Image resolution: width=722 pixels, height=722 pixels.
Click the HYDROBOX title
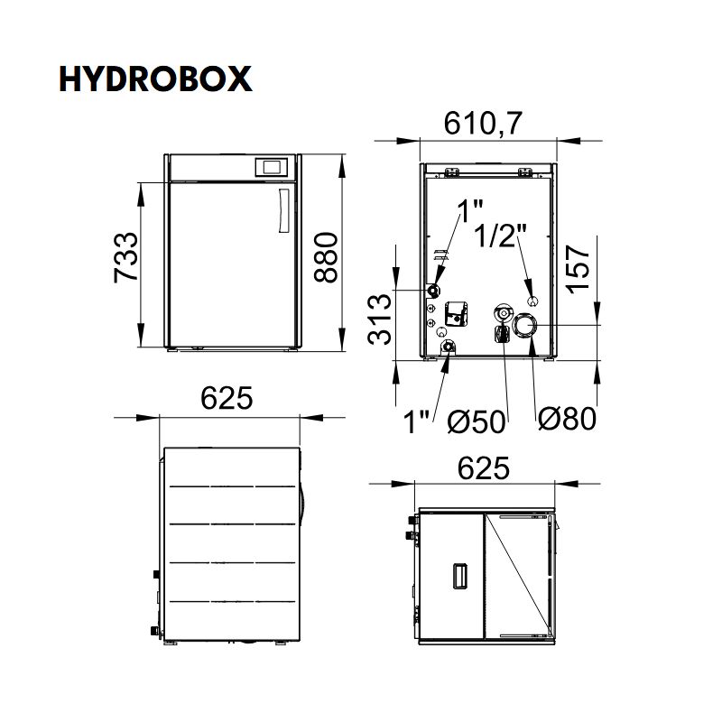155,79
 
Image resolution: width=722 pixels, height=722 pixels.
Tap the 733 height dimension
125,258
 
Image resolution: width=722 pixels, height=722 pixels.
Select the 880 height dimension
326,257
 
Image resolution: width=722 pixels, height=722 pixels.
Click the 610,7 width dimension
483,123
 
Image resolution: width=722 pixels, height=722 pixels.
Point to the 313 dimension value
380,319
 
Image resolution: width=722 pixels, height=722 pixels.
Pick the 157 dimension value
578,269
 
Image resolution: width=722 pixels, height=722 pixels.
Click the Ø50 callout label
477,421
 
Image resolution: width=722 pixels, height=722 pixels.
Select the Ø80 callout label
568,419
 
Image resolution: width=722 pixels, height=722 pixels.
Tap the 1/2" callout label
500,236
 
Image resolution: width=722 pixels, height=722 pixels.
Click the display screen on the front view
272,167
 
